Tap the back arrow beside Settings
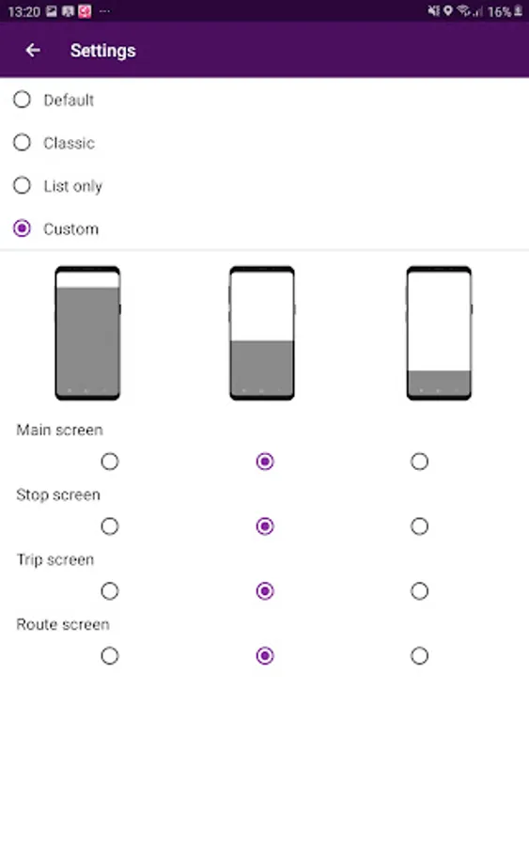click(33, 50)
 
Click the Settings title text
click(103, 51)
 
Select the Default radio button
click(23, 100)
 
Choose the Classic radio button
click(23, 143)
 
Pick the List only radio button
click(23, 185)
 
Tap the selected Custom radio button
click(23, 228)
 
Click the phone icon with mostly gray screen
click(87, 333)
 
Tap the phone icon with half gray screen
click(262, 333)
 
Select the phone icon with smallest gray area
click(439, 333)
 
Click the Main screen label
click(59, 430)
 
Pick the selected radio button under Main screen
click(265, 462)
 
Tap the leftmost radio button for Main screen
click(110, 462)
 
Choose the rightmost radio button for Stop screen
click(419, 526)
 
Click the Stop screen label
click(58, 494)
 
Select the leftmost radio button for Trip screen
click(110, 591)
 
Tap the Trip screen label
click(55, 559)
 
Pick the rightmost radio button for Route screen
click(419, 655)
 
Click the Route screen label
click(63, 624)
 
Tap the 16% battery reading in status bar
click(499, 12)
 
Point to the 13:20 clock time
click(24, 12)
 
